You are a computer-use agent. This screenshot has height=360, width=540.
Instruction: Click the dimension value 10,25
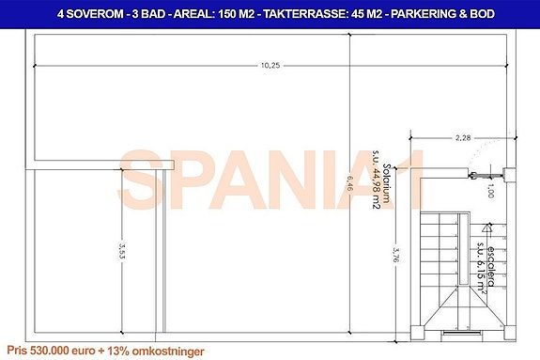[271, 65]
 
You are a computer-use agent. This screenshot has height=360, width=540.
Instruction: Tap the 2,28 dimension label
[462, 137]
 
